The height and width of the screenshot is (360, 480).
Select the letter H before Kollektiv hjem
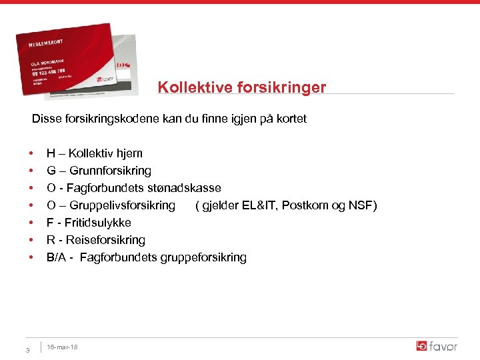pyautogui.click(x=51, y=153)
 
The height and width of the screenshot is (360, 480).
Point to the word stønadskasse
pyautogui.click(x=187, y=188)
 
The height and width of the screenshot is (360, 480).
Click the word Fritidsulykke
pyautogui.click(x=97, y=223)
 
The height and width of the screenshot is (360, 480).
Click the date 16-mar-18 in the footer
pyautogui.click(x=63, y=347)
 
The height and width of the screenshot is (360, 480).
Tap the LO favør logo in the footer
pyautogui.click(x=437, y=346)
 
